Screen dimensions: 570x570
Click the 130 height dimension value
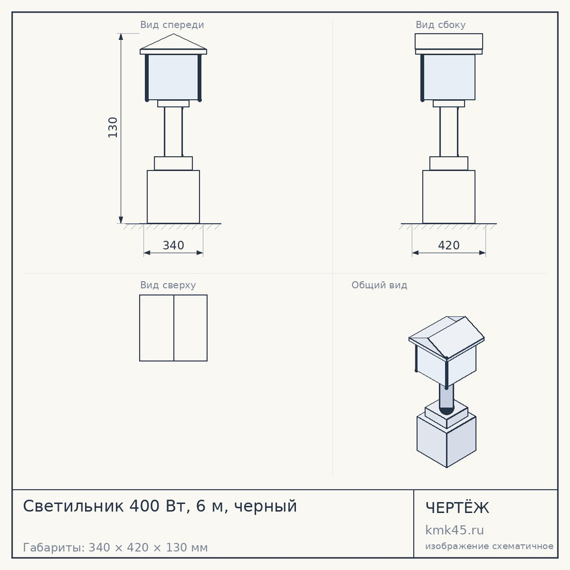[113, 128]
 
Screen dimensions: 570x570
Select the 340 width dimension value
[173, 245]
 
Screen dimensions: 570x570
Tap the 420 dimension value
[449, 245]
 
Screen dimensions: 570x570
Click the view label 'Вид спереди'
[172, 25]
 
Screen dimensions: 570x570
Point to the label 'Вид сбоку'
[441, 25]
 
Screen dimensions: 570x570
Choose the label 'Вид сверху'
[168, 285]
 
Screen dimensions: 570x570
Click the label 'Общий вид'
[379, 285]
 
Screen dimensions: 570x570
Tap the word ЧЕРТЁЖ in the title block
[457, 508]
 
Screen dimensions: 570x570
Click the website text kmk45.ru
[454, 530]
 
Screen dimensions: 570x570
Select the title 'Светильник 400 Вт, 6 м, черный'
[160, 506]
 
